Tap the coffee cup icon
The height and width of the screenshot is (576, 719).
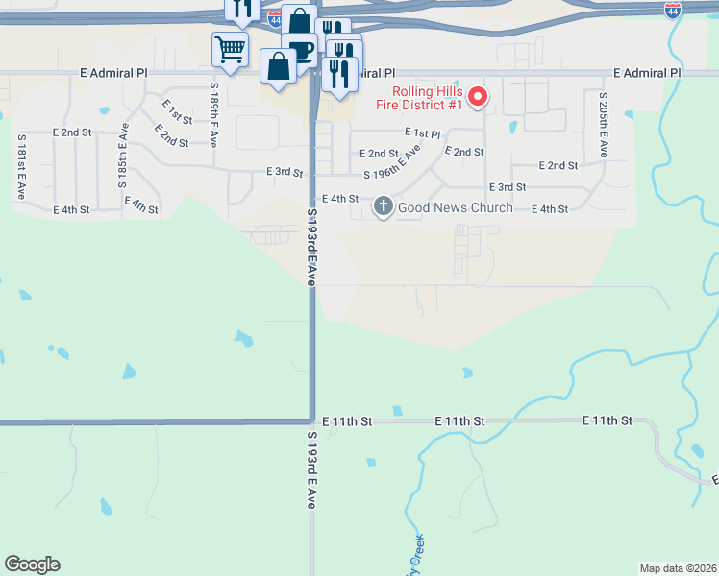click(x=301, y=50)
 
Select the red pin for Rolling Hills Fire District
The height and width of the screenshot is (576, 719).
click(x=479, y=97)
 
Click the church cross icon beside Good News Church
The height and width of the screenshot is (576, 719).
click(x=384, y=206)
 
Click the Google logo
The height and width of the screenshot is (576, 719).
click(x=32, y=564)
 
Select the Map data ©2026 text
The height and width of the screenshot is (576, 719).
click(x=678, y=567)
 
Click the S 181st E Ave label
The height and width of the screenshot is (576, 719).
click(x=20, y=166)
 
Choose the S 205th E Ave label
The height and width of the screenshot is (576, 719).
click(x=603, y=125)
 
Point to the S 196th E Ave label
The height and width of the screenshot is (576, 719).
click(x=392, y=164)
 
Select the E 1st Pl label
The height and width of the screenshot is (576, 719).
click(x=422, y=133)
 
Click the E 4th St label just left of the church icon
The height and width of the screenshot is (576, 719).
click(x=340, y=199)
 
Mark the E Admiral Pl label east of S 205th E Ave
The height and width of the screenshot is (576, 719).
click(x=647, y=73)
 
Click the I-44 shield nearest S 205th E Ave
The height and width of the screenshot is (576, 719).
click(x=674, y=11)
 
